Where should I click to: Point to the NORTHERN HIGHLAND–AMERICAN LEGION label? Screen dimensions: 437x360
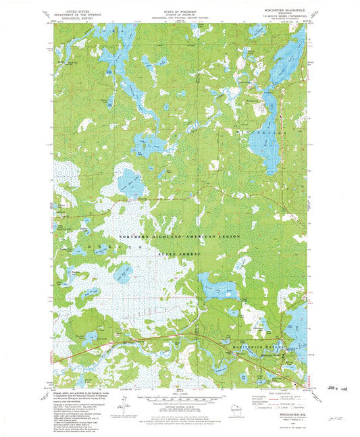179,236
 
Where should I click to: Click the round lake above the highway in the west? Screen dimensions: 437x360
129,183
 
